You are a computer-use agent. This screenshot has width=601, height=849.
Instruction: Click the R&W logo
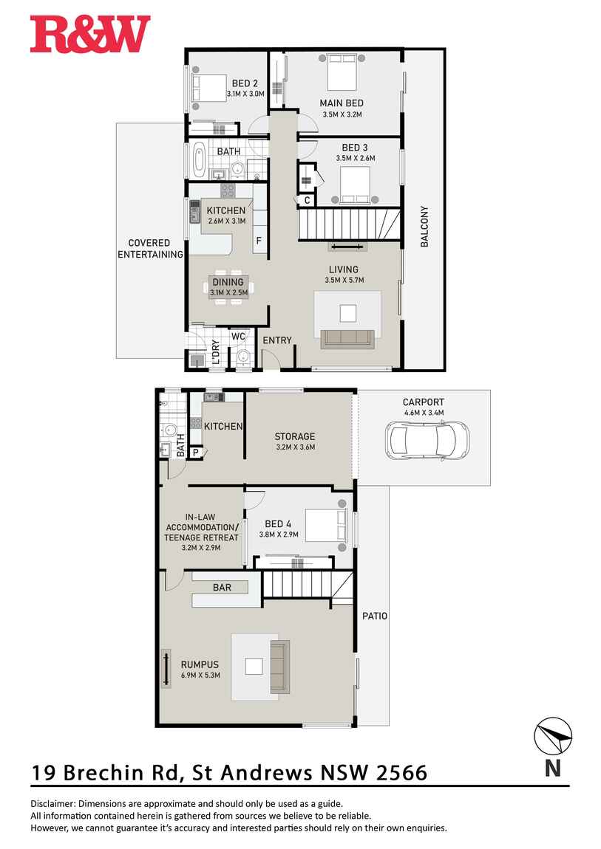point(90,35)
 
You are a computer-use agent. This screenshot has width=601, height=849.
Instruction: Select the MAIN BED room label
point(341,103)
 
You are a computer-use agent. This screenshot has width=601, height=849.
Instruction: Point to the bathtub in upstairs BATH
point(199,159)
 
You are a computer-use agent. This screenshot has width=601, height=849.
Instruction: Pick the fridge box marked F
point(259,241)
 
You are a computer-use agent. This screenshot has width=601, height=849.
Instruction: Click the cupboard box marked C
point(307,200)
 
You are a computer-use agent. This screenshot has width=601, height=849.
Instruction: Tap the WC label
point(238,337)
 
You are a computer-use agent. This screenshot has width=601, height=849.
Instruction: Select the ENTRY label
point(277,340)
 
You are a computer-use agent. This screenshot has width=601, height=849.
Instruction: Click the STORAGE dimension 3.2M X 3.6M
point(295,447)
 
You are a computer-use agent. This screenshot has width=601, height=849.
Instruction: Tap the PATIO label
point(375,616)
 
